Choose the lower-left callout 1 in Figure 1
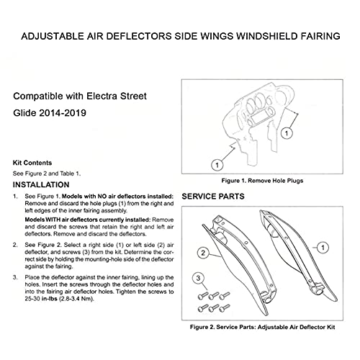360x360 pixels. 216,164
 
